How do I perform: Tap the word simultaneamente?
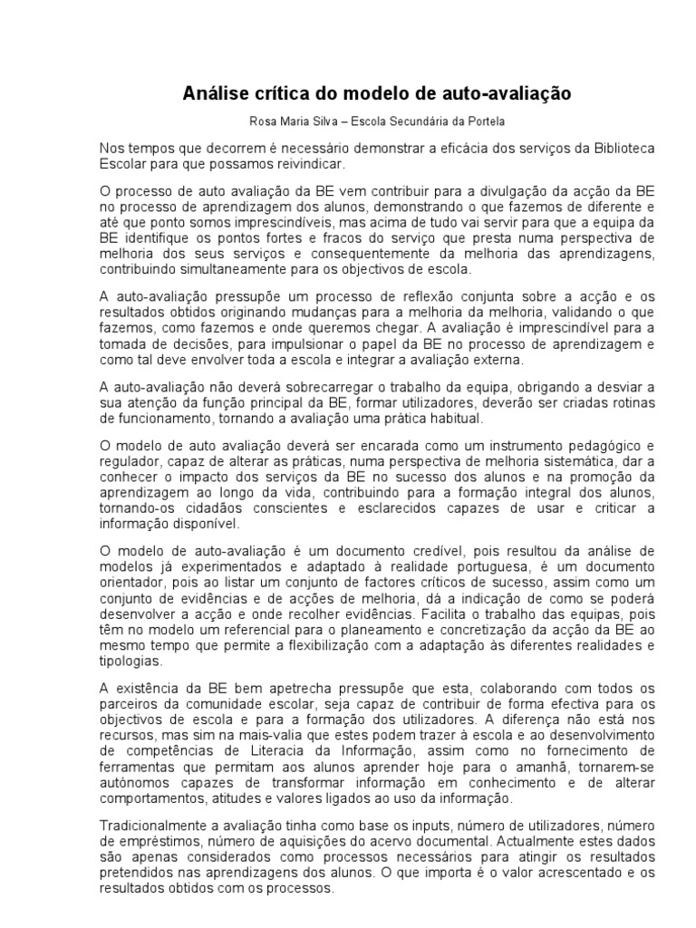tap(215, 269)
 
